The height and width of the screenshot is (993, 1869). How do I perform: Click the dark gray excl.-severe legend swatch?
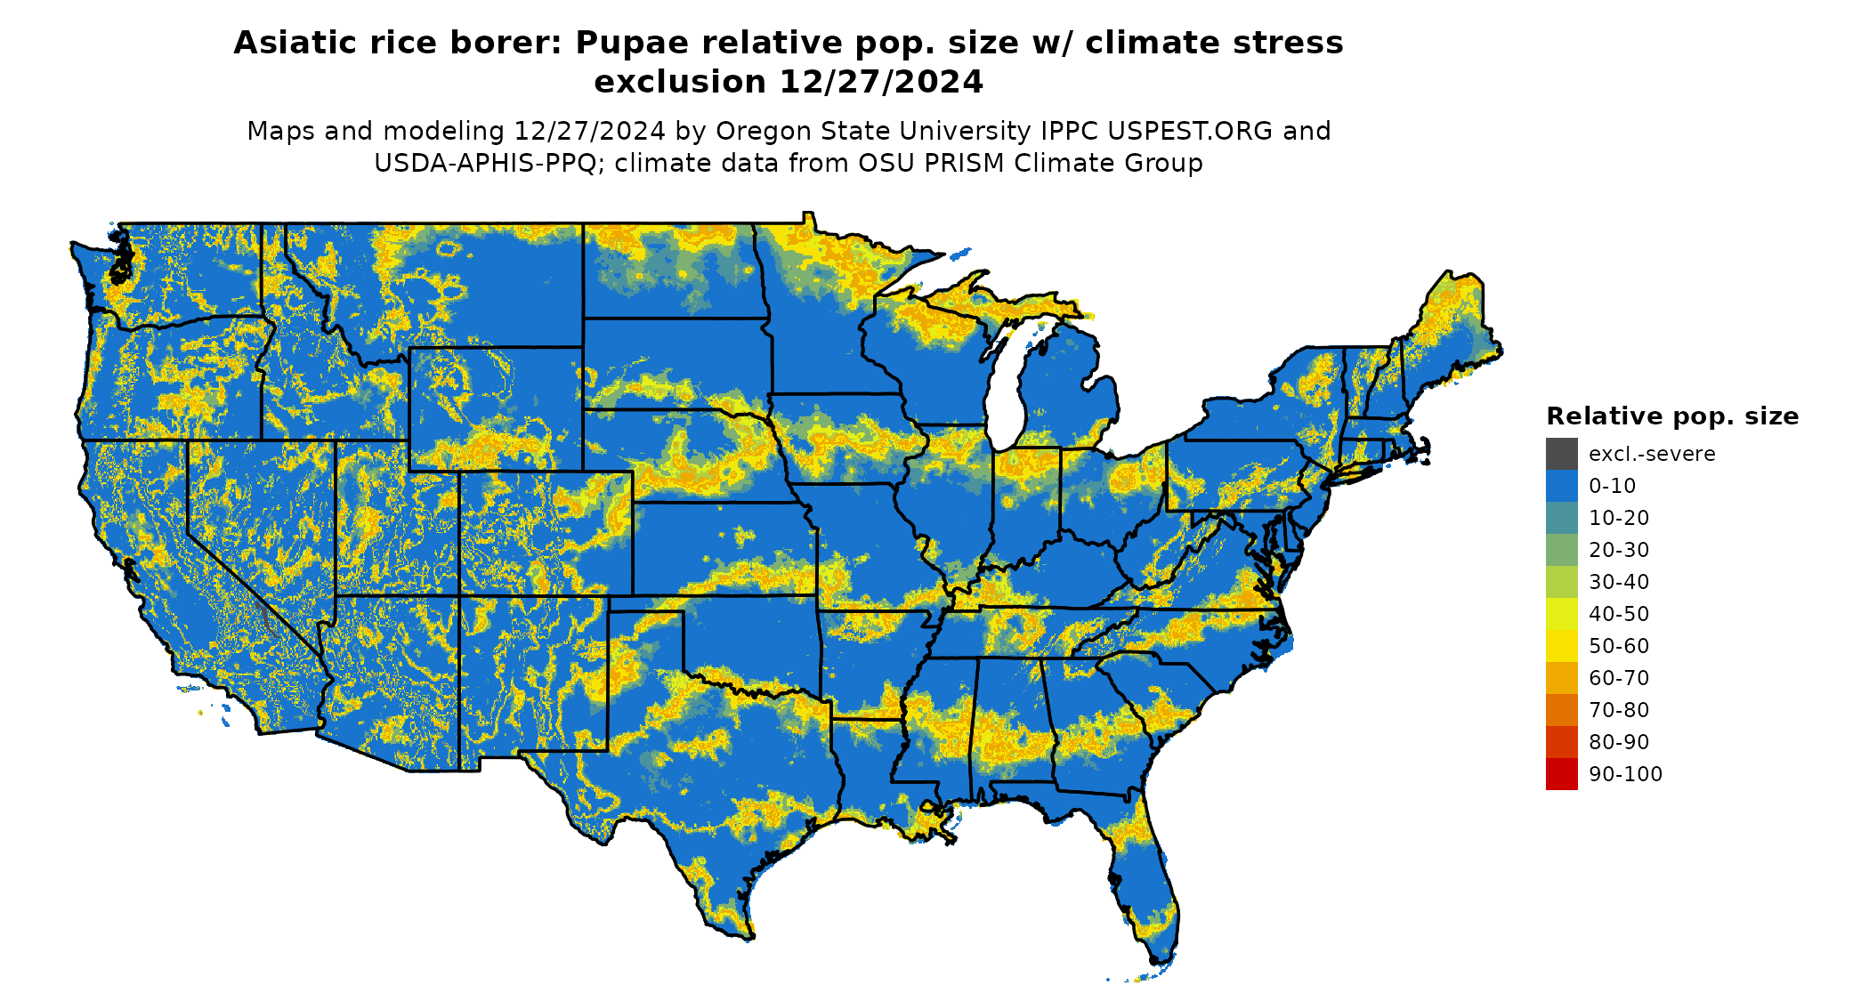coord(1561,454)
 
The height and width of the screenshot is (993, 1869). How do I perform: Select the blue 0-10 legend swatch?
coord(1561,486)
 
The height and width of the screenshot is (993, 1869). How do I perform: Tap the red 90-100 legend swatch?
coord(1561,774)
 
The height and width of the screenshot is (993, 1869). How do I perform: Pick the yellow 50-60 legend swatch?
coord(1561,646)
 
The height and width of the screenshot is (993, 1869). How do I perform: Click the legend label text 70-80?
coord(1619,710)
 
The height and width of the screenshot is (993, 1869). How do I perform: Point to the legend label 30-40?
coord(1619,582)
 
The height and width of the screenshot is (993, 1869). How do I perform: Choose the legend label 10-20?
coord(1619,518)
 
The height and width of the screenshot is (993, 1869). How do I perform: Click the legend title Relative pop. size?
coord(1672,416)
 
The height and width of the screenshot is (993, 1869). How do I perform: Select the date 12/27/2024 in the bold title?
coord(881,82)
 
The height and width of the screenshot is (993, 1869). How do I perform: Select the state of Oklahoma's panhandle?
coord(645,603)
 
